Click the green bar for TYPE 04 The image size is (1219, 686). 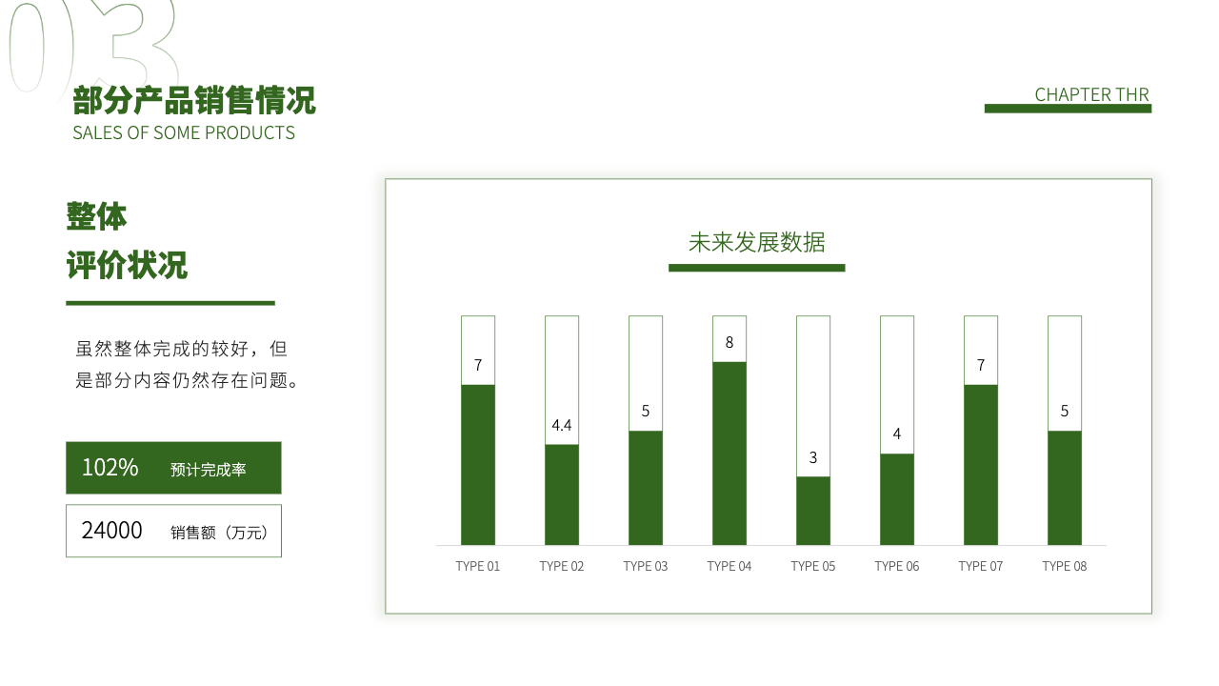[729, 453]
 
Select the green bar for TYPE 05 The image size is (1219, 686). [813, 511]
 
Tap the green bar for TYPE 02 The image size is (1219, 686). [562, 494]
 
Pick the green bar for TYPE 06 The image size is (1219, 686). [897, 499]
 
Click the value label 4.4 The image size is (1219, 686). [562, 425]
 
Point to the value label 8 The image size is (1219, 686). [729, 342]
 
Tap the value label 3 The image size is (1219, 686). [813, 457]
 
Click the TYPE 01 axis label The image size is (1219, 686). [478, 566]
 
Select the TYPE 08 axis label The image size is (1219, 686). [1065, 566]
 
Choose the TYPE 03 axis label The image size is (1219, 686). [646, 566]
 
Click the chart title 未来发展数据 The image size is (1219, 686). [757, 242]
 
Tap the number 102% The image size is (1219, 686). [110, 468]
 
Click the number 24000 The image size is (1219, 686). [111, 531]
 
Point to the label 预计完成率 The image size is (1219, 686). [208, 470]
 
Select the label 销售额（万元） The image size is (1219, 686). [220, 532]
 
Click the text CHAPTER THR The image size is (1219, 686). [1091, 94]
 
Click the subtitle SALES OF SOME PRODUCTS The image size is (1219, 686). [184, 132]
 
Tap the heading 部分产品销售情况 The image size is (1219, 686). [194, 100]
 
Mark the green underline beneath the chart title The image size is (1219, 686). [757, 268]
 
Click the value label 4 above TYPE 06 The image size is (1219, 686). [897, 434]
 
